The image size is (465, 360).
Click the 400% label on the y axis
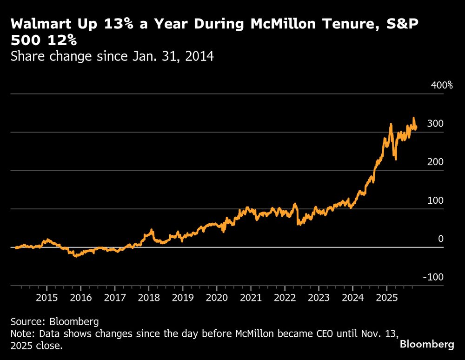point(442,85)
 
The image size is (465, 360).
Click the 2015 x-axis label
point(47,298)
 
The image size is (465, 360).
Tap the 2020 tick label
point(217,298)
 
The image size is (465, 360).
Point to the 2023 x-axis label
point(319,298)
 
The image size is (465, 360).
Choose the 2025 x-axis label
point(387,298)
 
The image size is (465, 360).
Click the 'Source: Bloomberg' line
point(55,321)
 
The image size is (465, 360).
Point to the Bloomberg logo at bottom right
point(427,345)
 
